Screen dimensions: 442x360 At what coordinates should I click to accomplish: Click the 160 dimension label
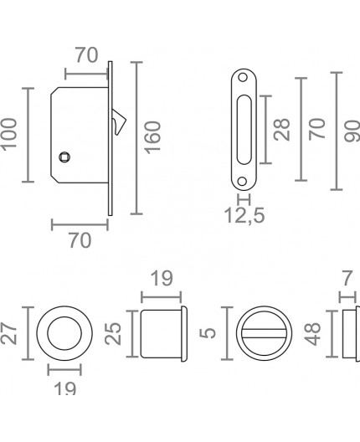click(x=152, y=136)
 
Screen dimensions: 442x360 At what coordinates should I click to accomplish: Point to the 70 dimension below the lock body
click(x=79, y=241)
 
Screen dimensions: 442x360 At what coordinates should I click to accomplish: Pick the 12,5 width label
click(x=245, y=218)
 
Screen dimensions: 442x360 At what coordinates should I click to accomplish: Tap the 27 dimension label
click(x=9, y=334)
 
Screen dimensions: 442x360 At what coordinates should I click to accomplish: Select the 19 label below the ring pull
click(x=64, y=388)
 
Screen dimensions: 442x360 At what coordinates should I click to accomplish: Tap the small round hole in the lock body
click(x=64, y=157)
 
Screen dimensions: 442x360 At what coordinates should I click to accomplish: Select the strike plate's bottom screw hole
click(x=243, y=178)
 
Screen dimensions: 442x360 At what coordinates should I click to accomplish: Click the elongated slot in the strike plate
click(x=243, y=131)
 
